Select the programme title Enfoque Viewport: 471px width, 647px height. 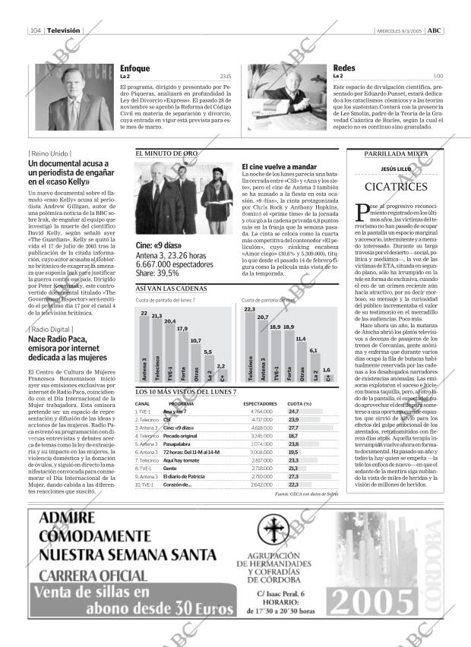(x=134, y=68)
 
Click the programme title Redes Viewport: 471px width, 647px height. (x=344, y=68)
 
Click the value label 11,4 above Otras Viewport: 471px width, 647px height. (x=301, y=338)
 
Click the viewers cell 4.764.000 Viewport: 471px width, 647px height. (x=261, y=411)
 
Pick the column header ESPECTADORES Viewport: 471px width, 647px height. (x=259, y=403)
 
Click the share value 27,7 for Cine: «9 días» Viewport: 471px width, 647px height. (x=294, y=428)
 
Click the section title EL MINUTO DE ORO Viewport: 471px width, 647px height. (x=166, y=153)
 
